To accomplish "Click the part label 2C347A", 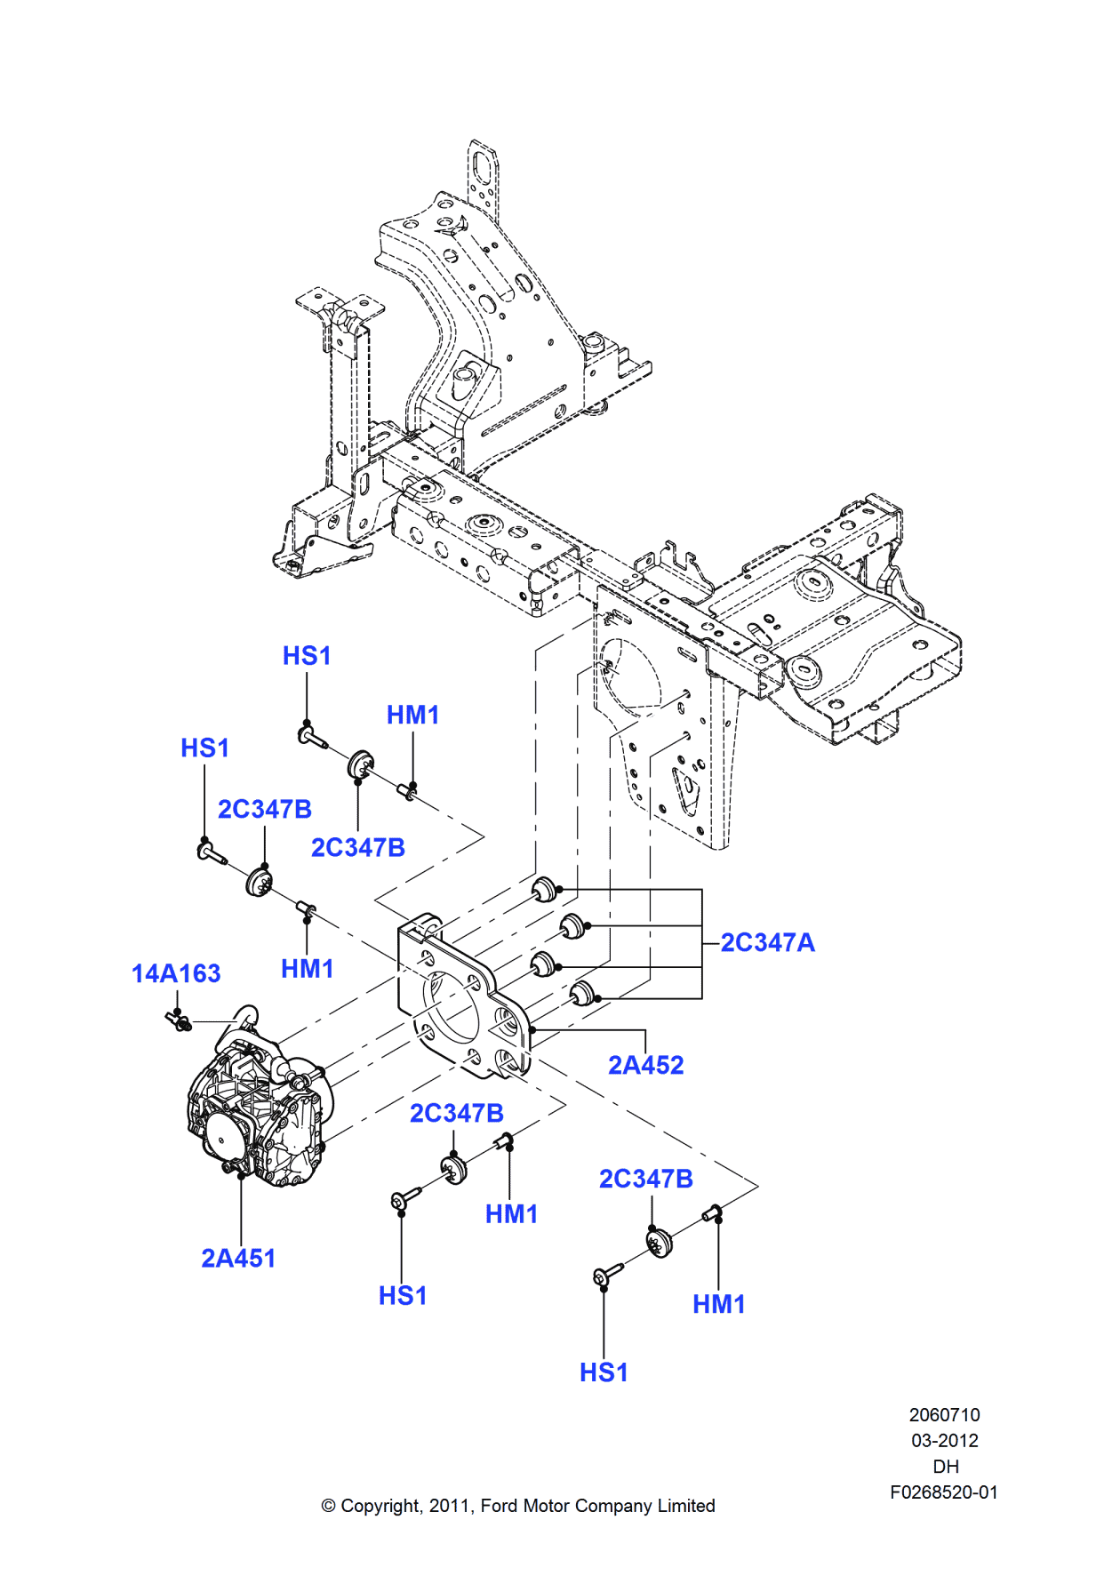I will pos(767,942).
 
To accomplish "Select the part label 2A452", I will pos(645,1065).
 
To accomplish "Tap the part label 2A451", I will pos(238,1258).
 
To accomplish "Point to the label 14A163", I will pos(176,973).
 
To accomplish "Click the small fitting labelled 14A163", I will pos(180,1021).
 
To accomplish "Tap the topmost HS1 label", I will pos(307,656).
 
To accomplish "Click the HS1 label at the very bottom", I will pos(604,1372).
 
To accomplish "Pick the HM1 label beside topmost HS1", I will pos(412,715).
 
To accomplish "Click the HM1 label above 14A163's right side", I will pos(307,968).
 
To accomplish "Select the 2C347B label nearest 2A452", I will pos(456,1113).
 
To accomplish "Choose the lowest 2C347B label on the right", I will pos(645,1179).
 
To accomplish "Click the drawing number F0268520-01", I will pos(943,1492).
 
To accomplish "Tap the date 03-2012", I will pos(944,1441).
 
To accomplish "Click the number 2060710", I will pos(944,1414).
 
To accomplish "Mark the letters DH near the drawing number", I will pos(945,1467).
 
